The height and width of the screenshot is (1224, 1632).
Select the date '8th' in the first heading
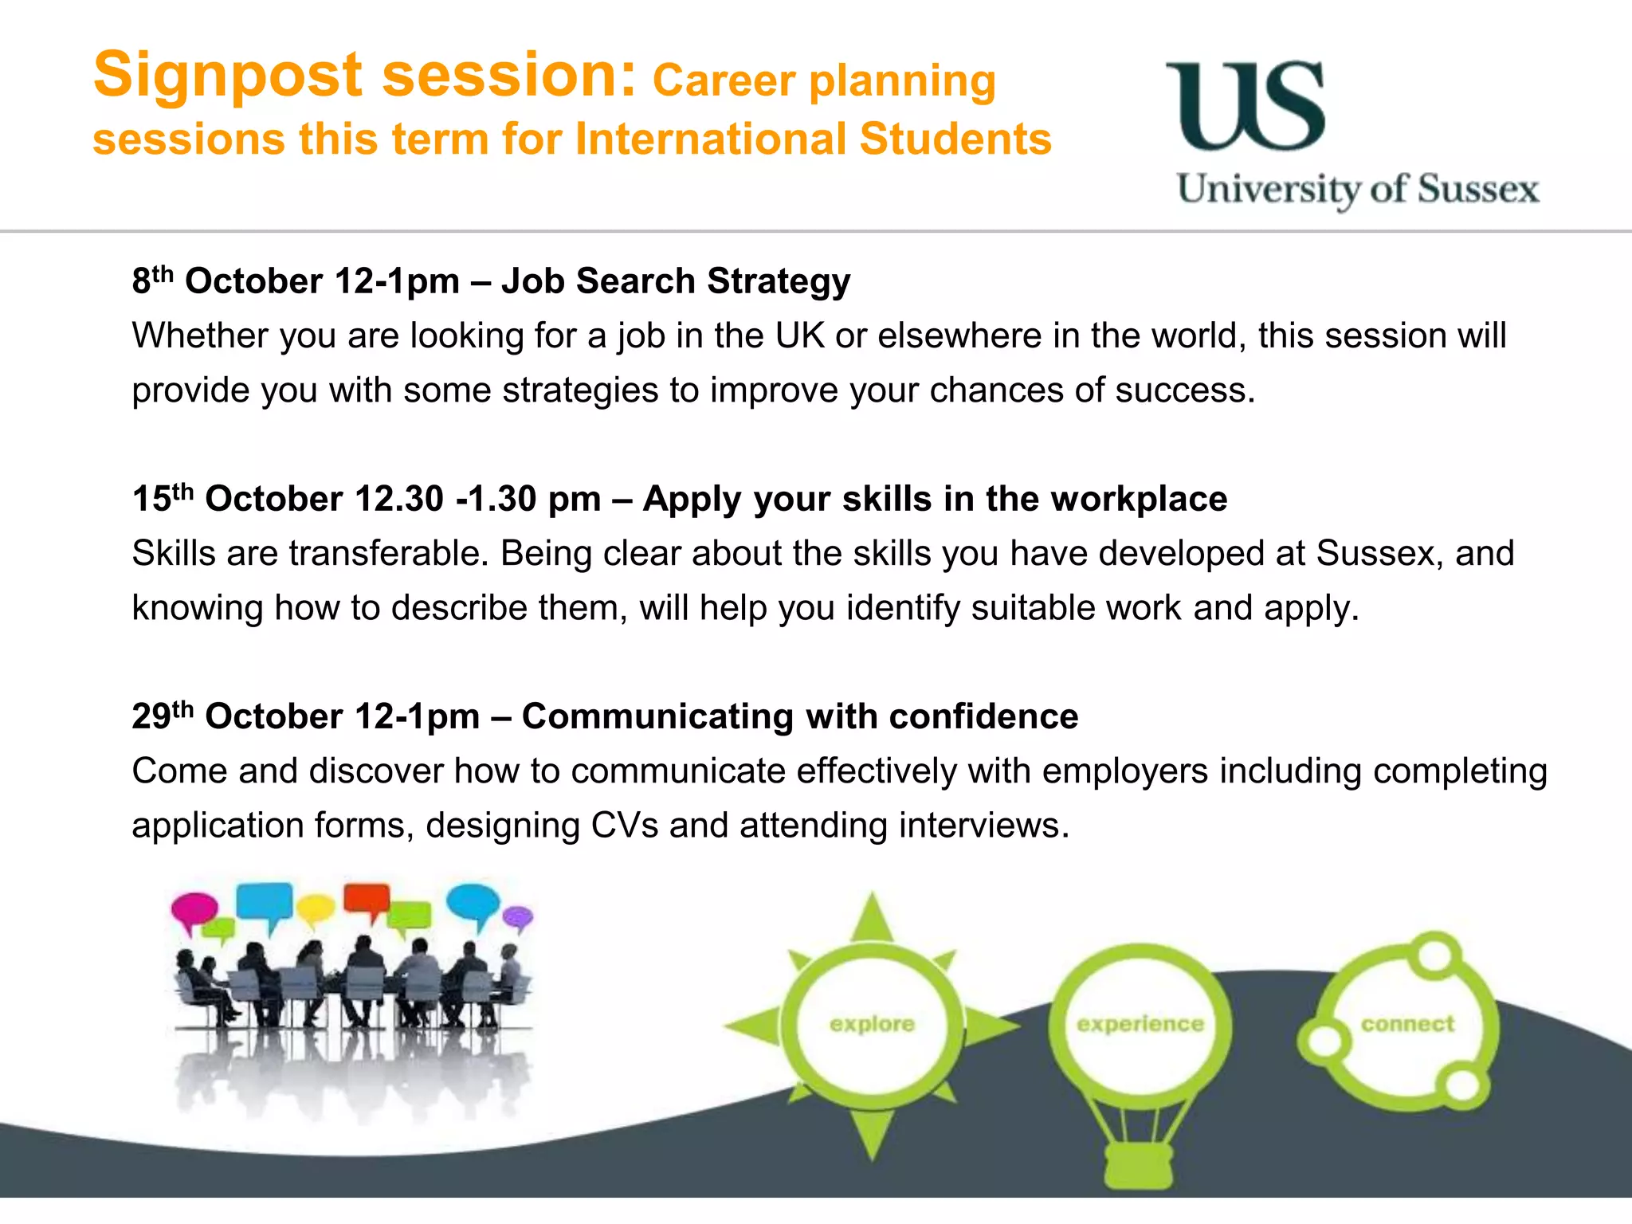click(152, 280)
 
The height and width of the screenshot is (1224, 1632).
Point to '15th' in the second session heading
click(163, 498)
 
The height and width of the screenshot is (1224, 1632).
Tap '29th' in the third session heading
click(163, 716)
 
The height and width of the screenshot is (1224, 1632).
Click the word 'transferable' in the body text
click(388, 553)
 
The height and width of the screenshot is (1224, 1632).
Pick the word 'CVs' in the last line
click(624, 826)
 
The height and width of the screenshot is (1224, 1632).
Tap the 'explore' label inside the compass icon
click(872, 1024)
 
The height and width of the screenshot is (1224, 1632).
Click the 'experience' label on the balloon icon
click(1140, 1024)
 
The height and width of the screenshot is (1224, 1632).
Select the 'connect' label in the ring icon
click(1407, 1024)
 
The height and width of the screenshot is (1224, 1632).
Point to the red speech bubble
click(366, 899)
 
